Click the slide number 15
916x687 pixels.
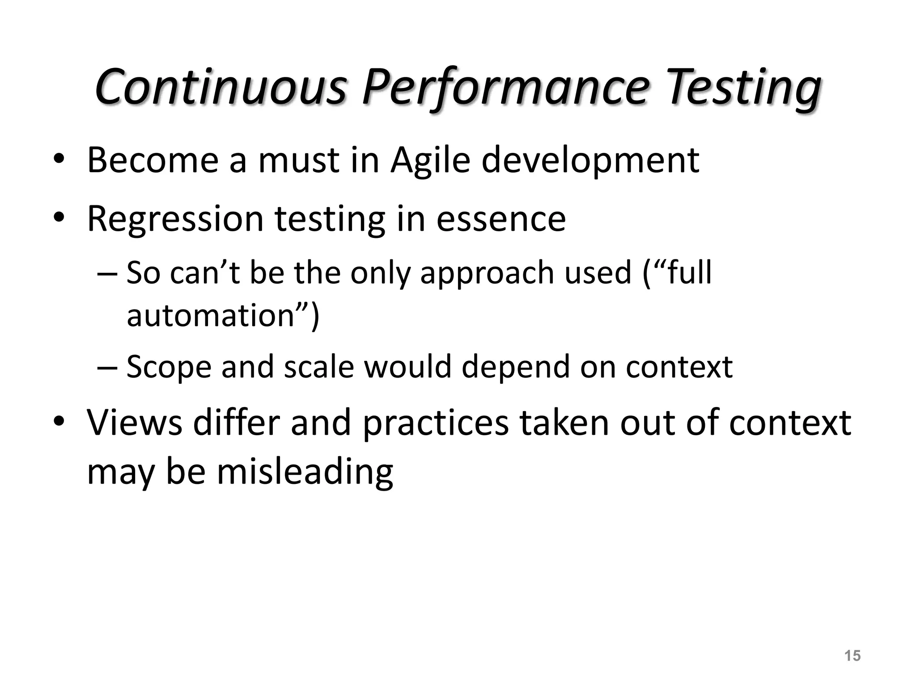pos(852,656)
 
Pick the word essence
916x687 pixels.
pos(501,219)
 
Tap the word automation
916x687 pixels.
pos(210,315)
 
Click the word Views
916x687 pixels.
pos(135,422)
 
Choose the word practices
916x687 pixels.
pos(436,422)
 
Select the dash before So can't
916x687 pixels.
pos(107,273)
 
